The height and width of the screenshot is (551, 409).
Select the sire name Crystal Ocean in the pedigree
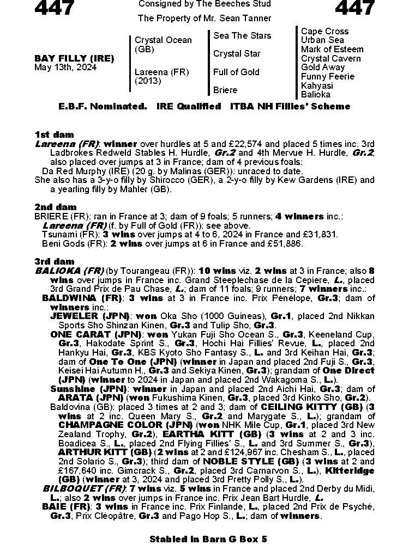coord(163,40)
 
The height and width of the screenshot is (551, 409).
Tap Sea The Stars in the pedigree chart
coord(242,36)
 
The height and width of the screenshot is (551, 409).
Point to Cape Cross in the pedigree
coord(324,32)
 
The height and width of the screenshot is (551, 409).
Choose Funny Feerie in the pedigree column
coord(327,77)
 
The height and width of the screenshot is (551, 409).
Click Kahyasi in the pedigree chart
coord(317,85)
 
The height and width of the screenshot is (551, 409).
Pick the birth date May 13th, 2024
coord(65,68)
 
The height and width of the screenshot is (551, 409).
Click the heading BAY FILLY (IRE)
coord(74,58)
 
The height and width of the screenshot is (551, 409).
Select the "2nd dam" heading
coord(55,207)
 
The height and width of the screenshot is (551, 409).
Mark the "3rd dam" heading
coord(54,262)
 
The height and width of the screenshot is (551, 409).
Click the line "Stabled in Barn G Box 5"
coord(208,539)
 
